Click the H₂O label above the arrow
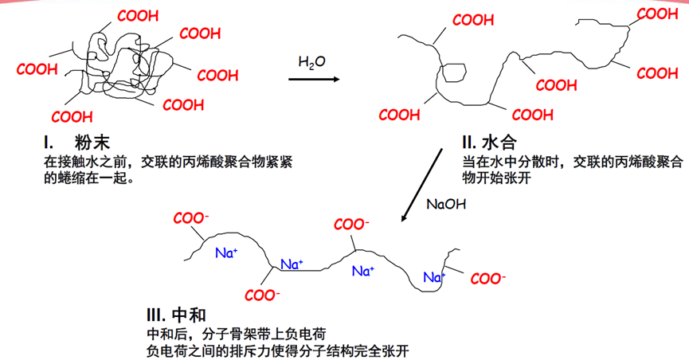[x=311, y=62]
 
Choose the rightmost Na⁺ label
[x=435, y=277]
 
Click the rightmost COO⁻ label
[x=487, y=279]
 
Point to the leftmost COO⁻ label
[x=190, y=217]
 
